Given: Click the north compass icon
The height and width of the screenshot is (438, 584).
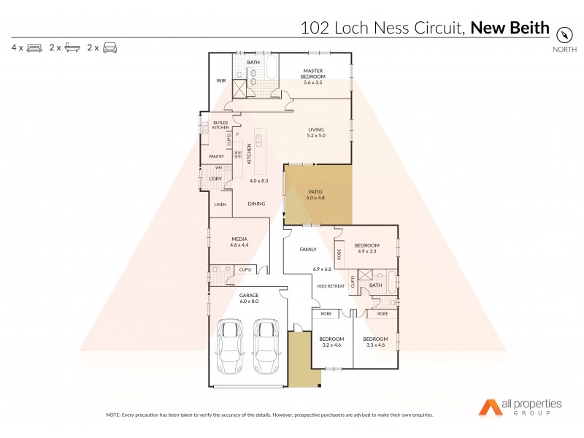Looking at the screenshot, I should pyautogui.click(x=564, y=34).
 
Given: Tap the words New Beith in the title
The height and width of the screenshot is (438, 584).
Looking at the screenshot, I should pyautogui.click(x=510, y=28).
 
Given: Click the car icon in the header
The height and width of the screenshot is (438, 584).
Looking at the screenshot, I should pyautogui.click(x=109, y=47).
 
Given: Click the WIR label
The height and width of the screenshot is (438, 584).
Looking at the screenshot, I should pyautogui.click(x=220, y=80).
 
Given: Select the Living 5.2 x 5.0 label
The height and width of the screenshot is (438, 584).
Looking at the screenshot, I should pyautogui.click(x=315, y=133).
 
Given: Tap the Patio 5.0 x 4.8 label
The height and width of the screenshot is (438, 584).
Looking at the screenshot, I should pyautogui.click(x=315, y=196).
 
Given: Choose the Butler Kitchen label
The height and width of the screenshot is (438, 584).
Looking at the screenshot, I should pyautogui.click(x=220, y=125).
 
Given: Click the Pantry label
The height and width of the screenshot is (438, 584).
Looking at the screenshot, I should pyautogui.click(x=217, y=156).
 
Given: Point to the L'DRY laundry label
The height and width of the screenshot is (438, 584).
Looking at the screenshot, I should pyautogui.click(x=215, y=179).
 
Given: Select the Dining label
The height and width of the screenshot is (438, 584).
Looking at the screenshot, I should pyautogui.click(x=256, y=204).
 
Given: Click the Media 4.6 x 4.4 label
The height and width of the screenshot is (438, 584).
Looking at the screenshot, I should pyautogui.click(x=239, y=242).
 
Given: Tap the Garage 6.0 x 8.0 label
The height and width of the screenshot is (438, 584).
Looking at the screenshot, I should pyautogui.click(x=249, y=299).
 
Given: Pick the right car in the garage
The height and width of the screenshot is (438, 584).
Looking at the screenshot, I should pyautogui.click(x=267, y=347).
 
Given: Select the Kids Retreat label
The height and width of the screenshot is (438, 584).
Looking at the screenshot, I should pyautogui.click(x=331, y=285).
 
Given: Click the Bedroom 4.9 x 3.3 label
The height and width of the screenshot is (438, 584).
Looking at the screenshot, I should pyautogui.click(x=366, y=248).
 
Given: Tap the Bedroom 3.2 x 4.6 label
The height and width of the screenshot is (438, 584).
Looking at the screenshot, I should pyautogui.click(x=331, y=342).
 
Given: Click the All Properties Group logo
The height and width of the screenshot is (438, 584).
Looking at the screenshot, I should pyautogui.click(x=520, y=407).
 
